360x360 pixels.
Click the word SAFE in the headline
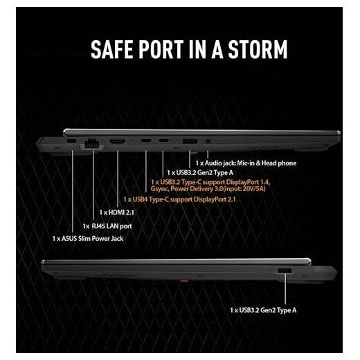click(x=111, y=49)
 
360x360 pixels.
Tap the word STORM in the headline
click(x=258, y=49)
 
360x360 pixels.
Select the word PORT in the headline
click(x=161, y=49)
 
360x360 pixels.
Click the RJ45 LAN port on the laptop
click(x=92, y=144)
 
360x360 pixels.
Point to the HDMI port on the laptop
click(x=118, y=141)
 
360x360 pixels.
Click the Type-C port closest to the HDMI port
click(x=146, y=141)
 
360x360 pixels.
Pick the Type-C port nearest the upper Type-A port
click(x=163, y=141)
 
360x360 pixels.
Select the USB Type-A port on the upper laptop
click(x=190, y=141)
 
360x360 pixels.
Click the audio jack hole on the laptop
click(x=208, y=141)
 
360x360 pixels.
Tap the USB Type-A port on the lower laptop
click(x=285, y=271)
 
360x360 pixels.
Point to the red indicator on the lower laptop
click(x=183, y=281)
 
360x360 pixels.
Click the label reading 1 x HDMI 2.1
click(x=116, y=213)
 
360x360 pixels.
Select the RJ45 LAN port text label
click(x=107, y=226)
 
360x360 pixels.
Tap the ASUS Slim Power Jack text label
click(x=88, y=238)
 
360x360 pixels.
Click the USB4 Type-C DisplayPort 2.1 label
click(x=179, y=199)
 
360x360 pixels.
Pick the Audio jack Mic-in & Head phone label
click(x=246, y=163)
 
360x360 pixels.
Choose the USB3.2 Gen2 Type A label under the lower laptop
click(x=263, y=310)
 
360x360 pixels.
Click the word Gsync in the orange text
click(x=159, y=189)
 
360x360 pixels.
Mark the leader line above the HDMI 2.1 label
click(x=118, y=179)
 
